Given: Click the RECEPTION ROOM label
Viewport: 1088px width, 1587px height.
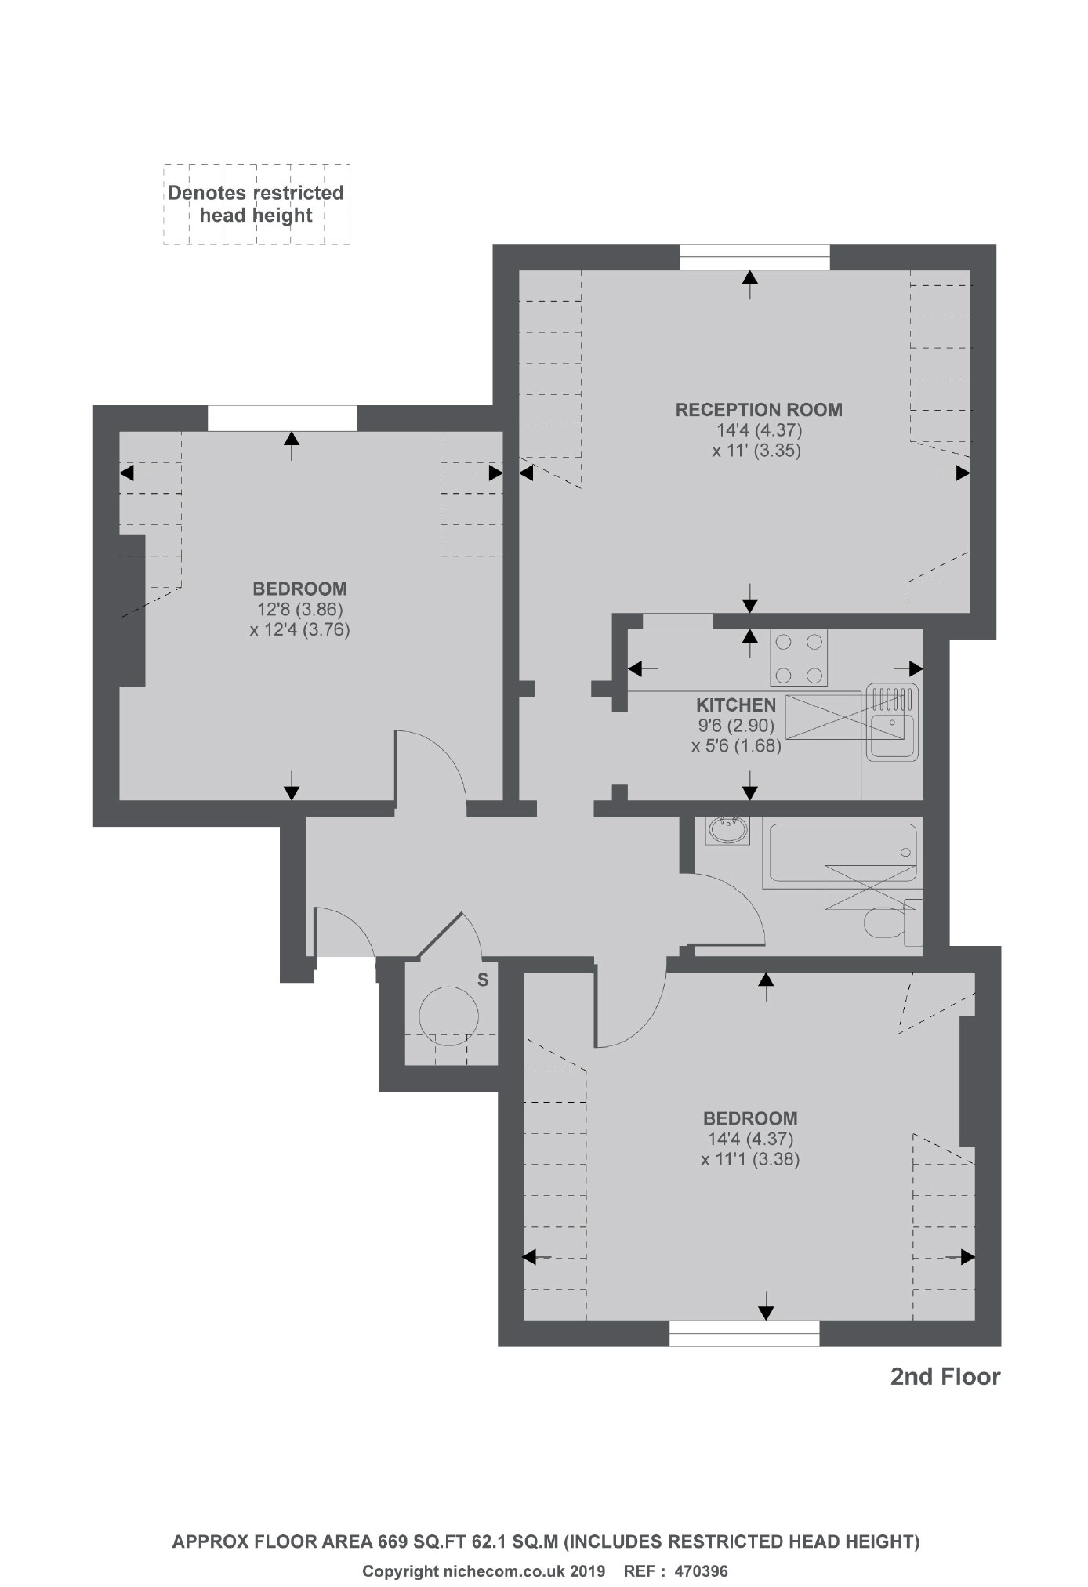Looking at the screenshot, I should pos(759,410).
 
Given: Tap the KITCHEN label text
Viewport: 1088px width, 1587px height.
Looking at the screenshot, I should pos(736,705).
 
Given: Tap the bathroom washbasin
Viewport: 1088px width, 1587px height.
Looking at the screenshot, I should pos(727,830).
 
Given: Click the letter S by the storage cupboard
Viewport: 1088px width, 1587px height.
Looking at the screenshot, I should pos(483,980).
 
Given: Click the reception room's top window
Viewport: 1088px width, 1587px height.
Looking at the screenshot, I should pos(754,257).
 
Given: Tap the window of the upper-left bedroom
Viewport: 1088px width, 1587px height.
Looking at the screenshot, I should pos(282,418).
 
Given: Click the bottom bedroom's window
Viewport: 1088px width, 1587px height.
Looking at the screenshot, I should pos(744,1333).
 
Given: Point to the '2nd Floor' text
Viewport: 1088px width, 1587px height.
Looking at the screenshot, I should pos(945,1377).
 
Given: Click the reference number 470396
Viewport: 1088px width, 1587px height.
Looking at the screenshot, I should pos(701,1566).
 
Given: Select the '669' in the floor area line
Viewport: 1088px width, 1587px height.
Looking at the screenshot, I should pos(393,1542).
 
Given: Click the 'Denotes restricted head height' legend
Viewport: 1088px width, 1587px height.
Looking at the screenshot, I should pos(256,204).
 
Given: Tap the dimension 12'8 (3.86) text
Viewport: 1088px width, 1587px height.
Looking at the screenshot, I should pos(299,609).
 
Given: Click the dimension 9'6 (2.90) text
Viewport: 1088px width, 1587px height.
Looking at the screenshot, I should pos(736,726).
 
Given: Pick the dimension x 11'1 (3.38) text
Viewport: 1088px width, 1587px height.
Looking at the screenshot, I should pos(750,1160).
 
